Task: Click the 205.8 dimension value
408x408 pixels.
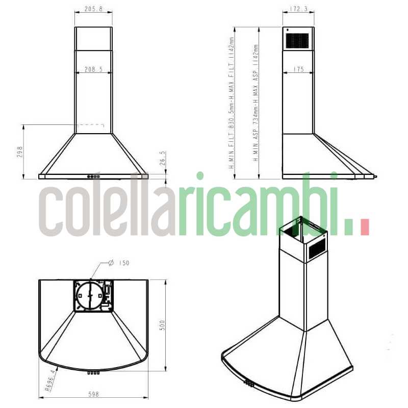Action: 93,9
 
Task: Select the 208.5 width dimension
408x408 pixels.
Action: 94,69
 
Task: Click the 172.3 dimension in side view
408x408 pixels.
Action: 298,9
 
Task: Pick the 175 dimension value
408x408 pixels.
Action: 299,69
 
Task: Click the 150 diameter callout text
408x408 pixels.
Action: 123,263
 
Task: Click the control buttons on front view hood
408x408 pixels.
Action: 94,177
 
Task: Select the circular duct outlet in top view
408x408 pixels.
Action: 89,295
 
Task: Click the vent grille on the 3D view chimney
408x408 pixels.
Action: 316,246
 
